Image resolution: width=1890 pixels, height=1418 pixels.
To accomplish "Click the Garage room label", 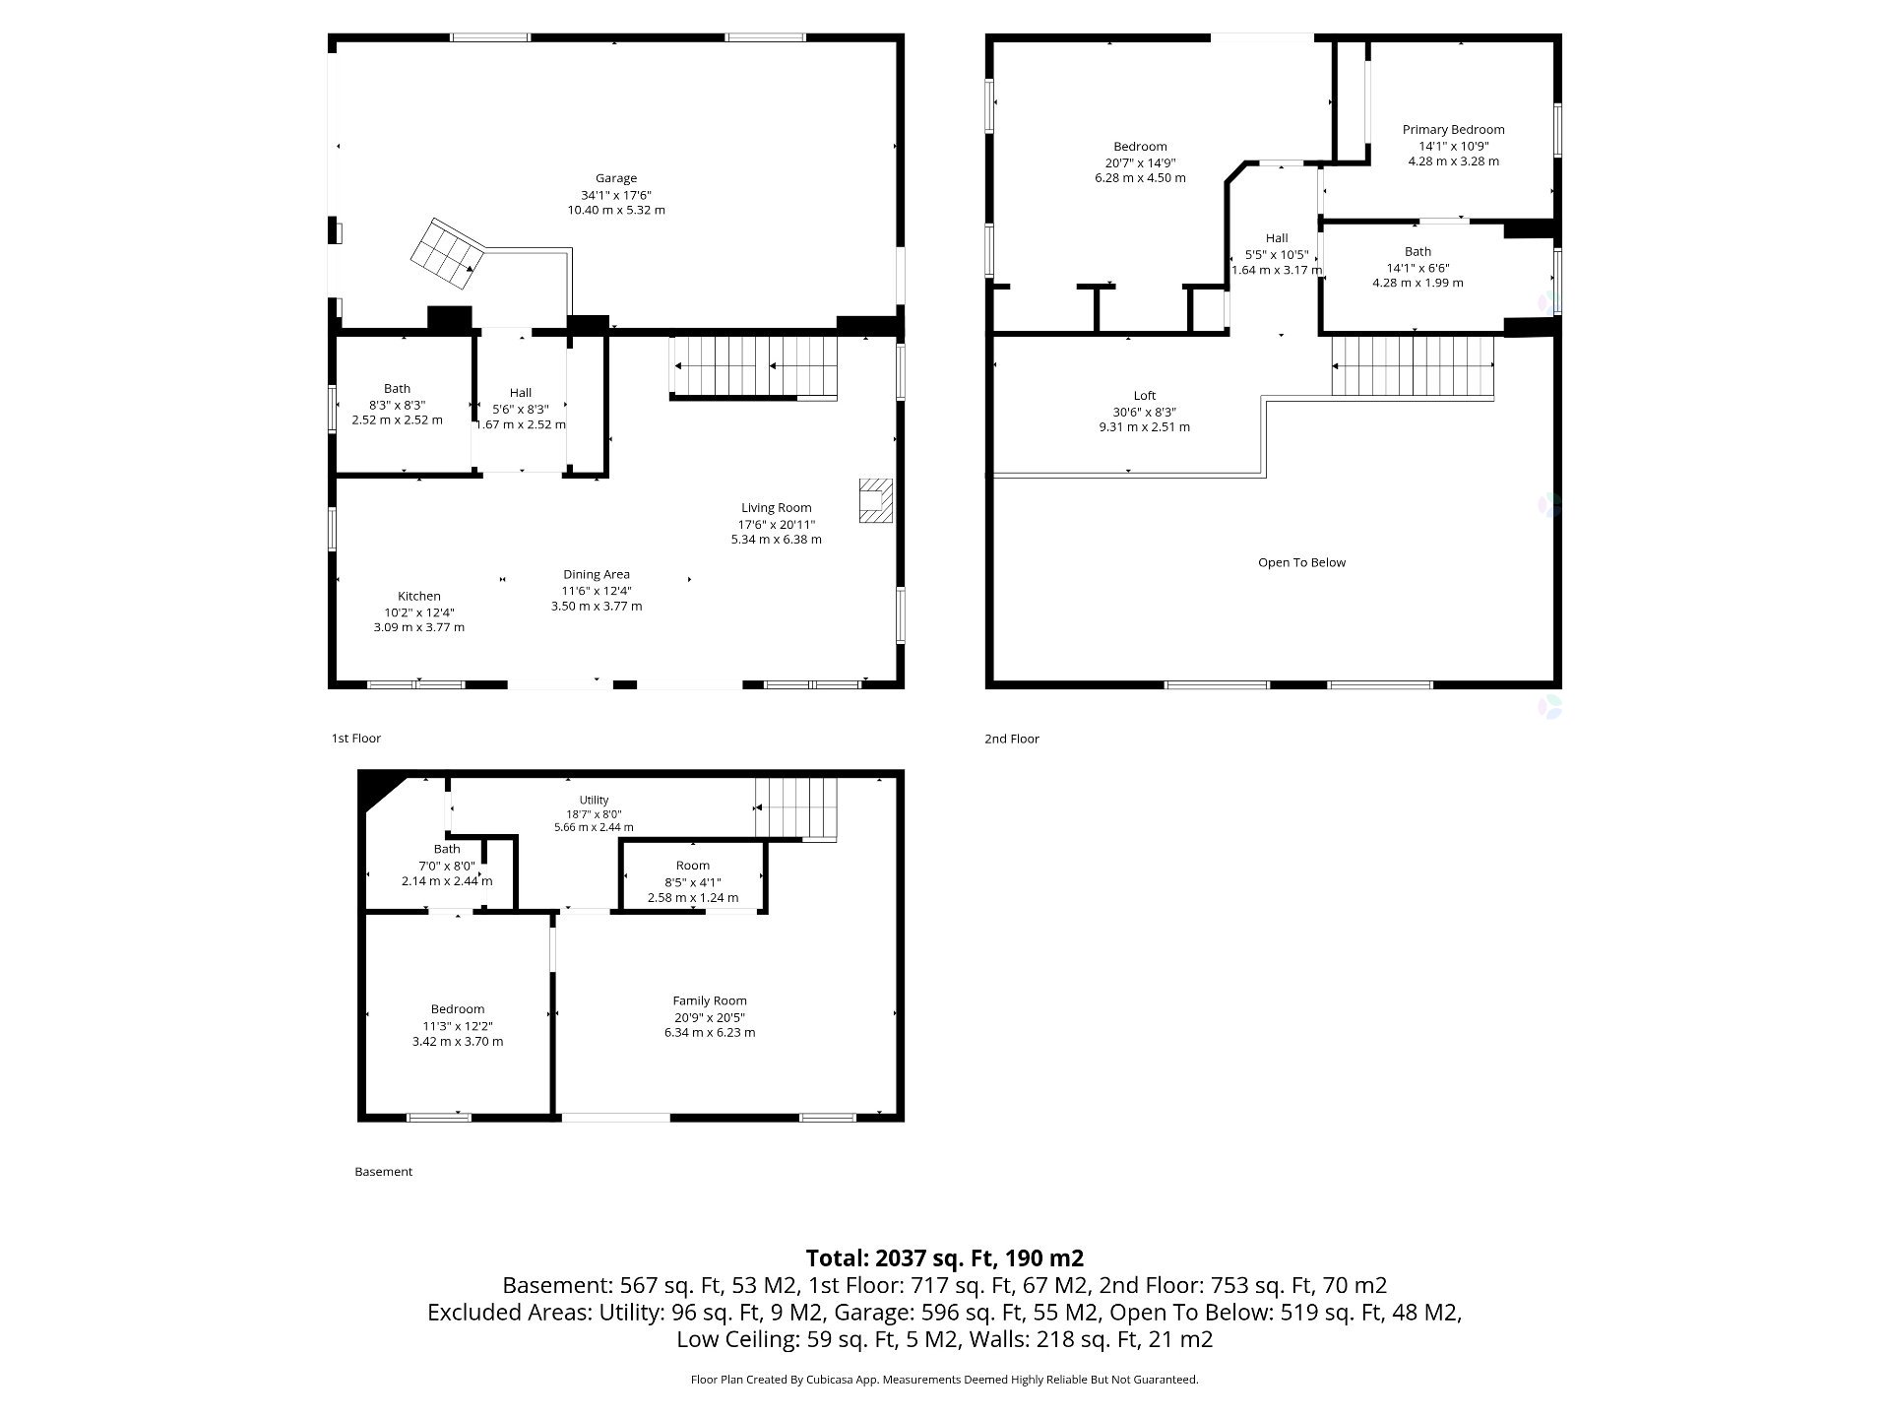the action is click(615, 178).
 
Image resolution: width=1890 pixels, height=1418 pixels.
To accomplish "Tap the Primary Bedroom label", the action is click(1453, 129).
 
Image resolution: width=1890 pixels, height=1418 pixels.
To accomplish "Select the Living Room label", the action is click(776, 508).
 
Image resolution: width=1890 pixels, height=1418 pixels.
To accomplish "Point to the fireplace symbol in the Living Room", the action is click(875, 500).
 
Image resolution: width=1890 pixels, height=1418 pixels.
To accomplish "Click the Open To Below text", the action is click(1301, 562).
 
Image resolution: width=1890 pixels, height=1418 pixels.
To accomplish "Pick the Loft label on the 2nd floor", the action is click(1144, 396).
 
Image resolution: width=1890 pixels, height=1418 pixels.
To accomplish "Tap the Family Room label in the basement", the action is click(710, 1000).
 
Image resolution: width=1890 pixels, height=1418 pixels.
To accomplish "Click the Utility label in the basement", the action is click(594, 800).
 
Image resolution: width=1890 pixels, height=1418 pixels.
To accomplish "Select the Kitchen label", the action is click(418, 596).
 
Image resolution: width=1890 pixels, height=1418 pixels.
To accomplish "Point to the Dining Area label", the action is click(597, 574).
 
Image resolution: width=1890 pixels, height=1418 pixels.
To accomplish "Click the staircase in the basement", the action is click(796, 809).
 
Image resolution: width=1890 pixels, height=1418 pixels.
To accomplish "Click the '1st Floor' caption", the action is click(355, 738).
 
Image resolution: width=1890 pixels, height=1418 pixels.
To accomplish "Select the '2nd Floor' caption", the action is click(1012, 739).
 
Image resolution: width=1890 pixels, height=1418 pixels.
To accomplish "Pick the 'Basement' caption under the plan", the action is click(383, 1172).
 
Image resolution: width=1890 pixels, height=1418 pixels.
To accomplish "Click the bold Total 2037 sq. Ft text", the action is click(945, 1257).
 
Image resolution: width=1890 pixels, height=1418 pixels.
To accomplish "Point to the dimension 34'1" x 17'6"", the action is click(615, 195).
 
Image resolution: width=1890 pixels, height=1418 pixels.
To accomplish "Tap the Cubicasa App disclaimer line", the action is click(945, 1380).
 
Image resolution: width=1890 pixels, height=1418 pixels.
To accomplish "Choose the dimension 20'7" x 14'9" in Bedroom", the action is click(1140, 162).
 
